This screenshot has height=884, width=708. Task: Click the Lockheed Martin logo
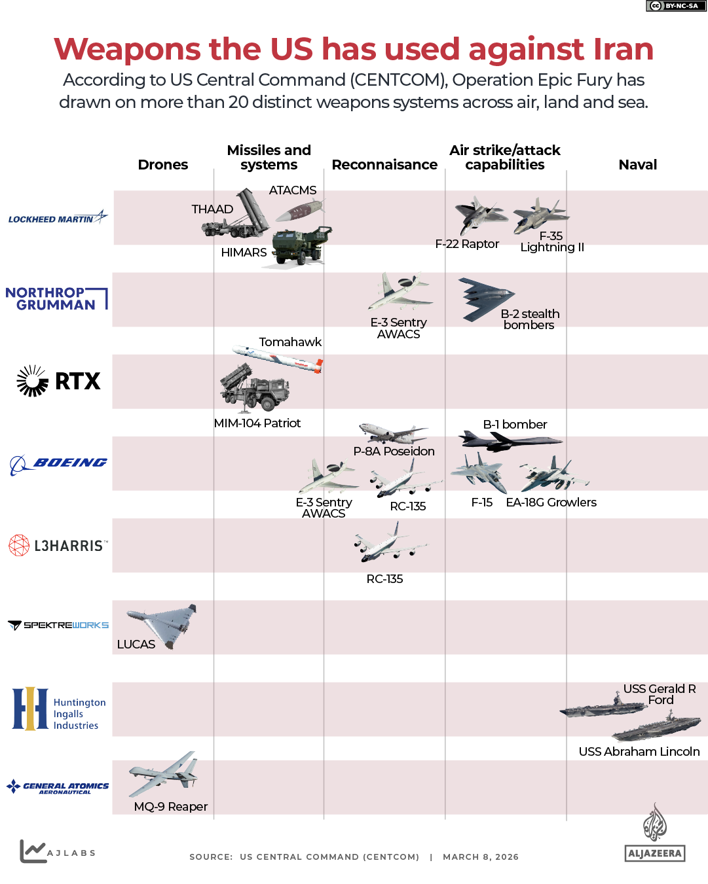[x=58, y=218]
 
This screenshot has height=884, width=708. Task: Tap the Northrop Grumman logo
[x=56, y=298]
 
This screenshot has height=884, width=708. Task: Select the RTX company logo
[x=59, y=381]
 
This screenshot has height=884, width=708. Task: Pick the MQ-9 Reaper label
[x=170, y=807]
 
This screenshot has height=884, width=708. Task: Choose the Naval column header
[x=637, y=165]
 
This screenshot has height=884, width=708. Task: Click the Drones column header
[x=162, y=165]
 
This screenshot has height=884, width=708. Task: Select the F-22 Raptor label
[x=467, y=244]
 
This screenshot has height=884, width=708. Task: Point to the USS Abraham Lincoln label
[x=639, y=752]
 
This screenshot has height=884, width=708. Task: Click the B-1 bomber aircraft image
[x=508, y=441]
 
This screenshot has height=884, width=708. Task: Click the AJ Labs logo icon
[x=33, y=851]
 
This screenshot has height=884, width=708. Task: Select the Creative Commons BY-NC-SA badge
[x=676, y=6]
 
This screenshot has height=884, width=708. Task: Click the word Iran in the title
[x=623, y=49]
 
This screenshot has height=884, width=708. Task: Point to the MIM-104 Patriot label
[x=257, y=423]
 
